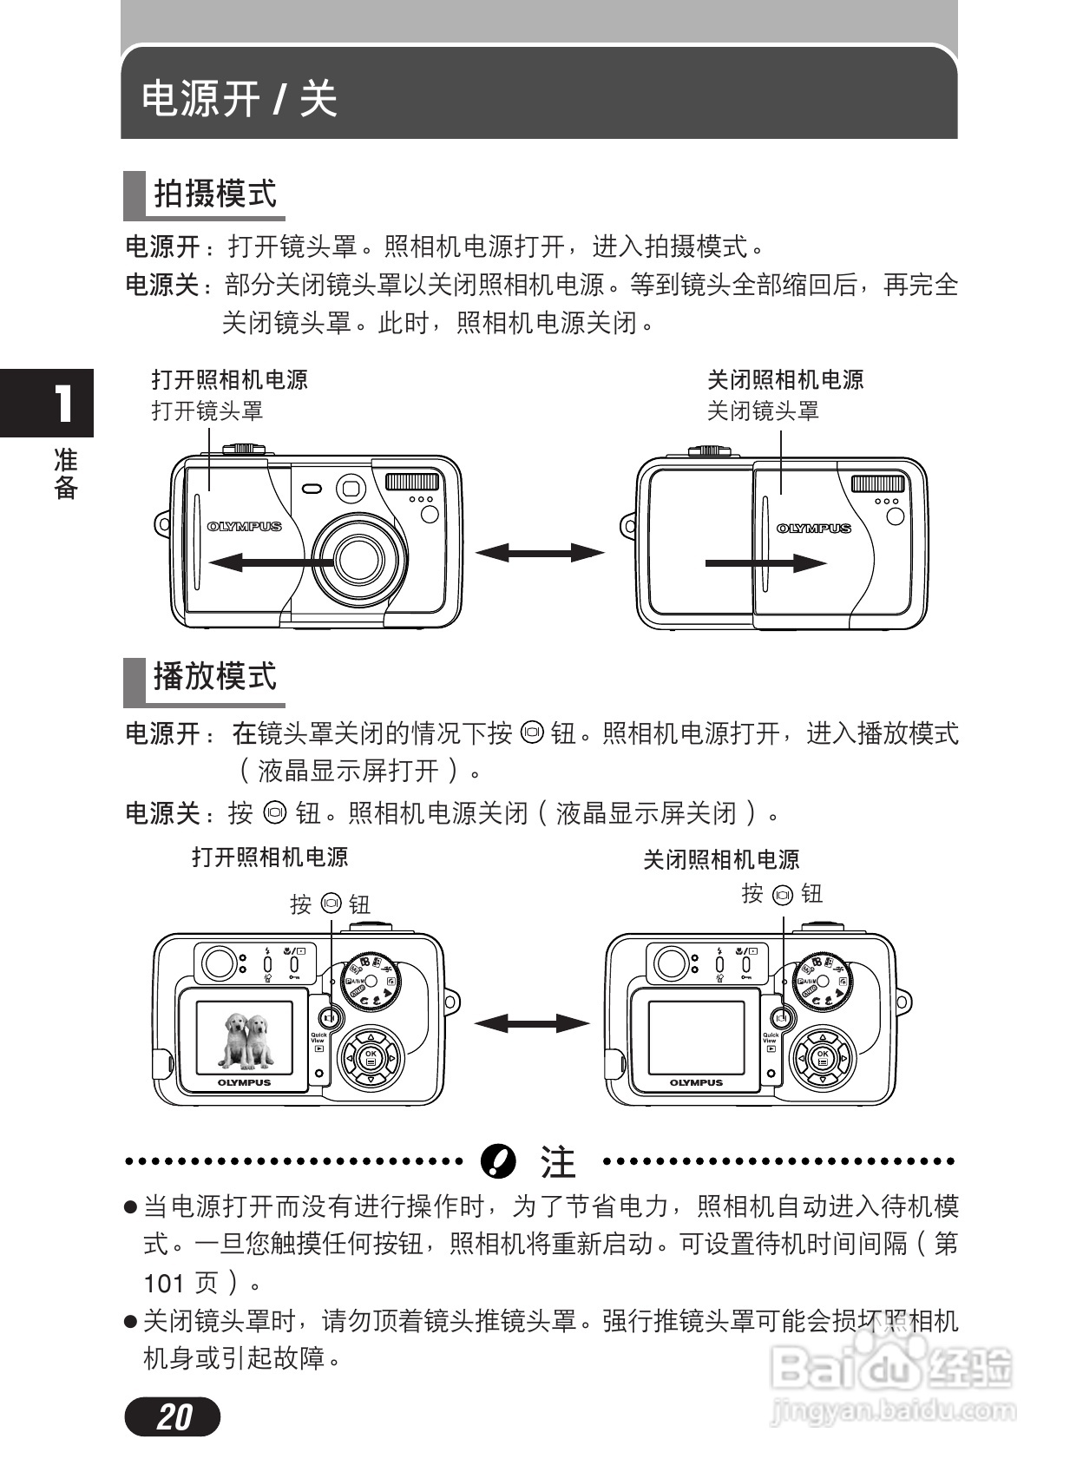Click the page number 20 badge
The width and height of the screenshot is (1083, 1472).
click(173, 1416)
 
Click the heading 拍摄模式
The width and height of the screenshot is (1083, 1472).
click(214, 194)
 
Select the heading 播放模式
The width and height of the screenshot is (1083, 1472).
click(214, 676)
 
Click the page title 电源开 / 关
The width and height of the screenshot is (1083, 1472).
click(240, 98)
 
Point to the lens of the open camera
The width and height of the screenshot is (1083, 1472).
click(359, 558)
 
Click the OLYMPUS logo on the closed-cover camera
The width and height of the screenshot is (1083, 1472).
click(813, 528)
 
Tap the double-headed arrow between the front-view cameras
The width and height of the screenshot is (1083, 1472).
click(539, 552)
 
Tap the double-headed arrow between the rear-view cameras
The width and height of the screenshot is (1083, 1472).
click(531, 1023)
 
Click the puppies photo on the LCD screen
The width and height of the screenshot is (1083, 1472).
click(244, 1039)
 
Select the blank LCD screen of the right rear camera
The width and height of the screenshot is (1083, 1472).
click(696, 1039)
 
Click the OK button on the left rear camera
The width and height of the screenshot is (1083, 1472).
click(371, 1058)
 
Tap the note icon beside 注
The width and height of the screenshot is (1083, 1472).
click(498, 1160)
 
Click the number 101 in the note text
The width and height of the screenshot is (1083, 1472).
click(164, 1283)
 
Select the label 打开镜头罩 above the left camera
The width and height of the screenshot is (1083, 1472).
click(207, 411)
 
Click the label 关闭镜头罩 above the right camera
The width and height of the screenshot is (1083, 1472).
click(763, 411)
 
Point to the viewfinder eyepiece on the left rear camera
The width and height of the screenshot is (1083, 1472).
click(219, 963)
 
